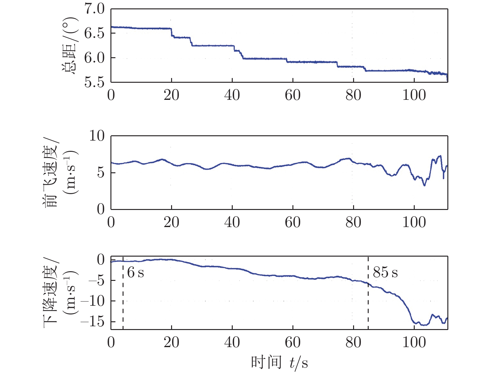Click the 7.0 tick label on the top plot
95,9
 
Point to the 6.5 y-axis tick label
95,34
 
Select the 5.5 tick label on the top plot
95,82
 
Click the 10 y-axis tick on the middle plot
97,136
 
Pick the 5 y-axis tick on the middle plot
101,173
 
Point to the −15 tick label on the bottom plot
92,322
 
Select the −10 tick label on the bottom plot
92,301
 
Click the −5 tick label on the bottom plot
96,281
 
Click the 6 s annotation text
136,273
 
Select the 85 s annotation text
385,272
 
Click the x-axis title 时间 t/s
279,363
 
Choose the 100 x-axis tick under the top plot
414,95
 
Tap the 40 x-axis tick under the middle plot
232,222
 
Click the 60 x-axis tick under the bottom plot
293,342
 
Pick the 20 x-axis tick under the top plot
171,95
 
